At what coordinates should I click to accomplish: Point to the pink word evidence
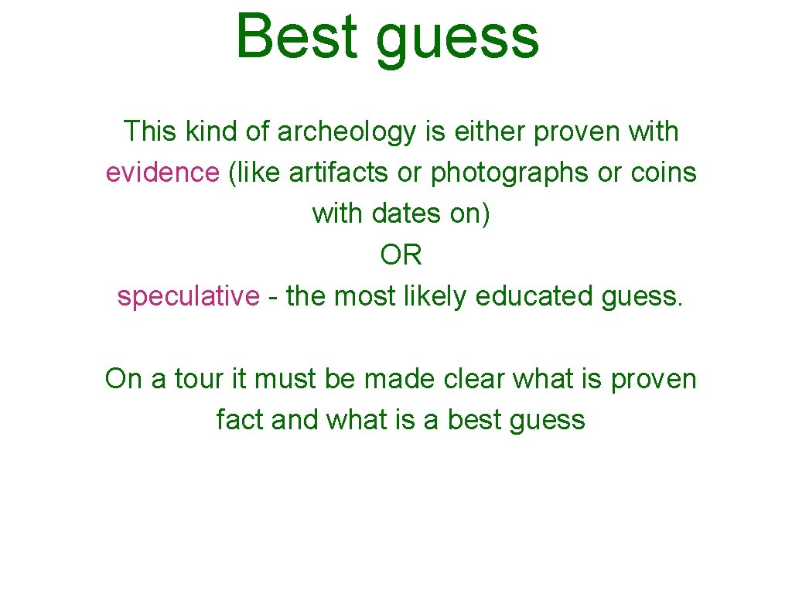click(162, 172)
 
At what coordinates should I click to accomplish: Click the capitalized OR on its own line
click(401, 254)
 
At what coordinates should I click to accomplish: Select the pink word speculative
click(189, 296)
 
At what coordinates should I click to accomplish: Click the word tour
click(197, 380)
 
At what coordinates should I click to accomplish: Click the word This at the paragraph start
click(150, 131)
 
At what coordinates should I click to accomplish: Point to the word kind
click(211, 131)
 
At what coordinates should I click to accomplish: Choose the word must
click(286, 380)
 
